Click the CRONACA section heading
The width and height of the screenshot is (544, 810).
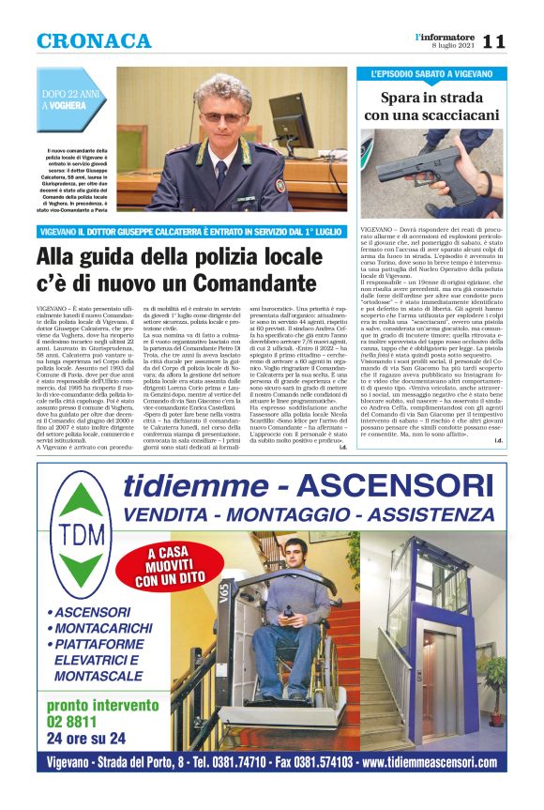pyautogui.click(x=93, y=41)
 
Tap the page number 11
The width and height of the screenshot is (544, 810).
pyautogui.click(x=494, y=41)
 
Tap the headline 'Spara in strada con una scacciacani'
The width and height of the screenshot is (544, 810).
pyautogui.click(x=432, y=105)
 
